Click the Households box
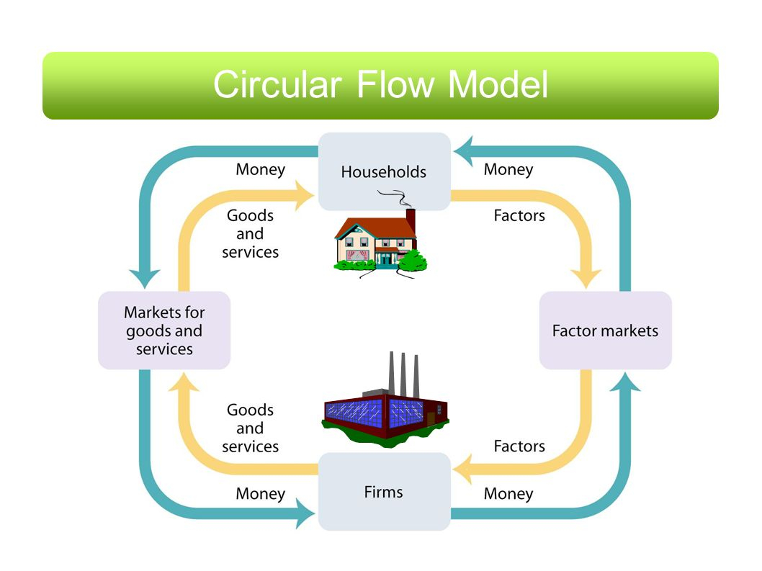point(385,171)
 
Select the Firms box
point(385,491)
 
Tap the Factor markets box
point(606,331)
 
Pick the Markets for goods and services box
point(164,331)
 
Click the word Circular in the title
point(277,84)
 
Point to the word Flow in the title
point(395,84)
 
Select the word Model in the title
point(498,84)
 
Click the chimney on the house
point(411,222)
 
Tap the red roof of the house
point(375,227)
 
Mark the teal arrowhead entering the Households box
point(463,151)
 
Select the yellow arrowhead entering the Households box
point(305,195)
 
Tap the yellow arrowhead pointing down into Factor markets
point(586,279)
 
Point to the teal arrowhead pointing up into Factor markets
point(625,382)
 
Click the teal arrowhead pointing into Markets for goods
point(145,279)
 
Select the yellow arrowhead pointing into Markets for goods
point(184,382)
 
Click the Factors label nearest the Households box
point(519,215)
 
